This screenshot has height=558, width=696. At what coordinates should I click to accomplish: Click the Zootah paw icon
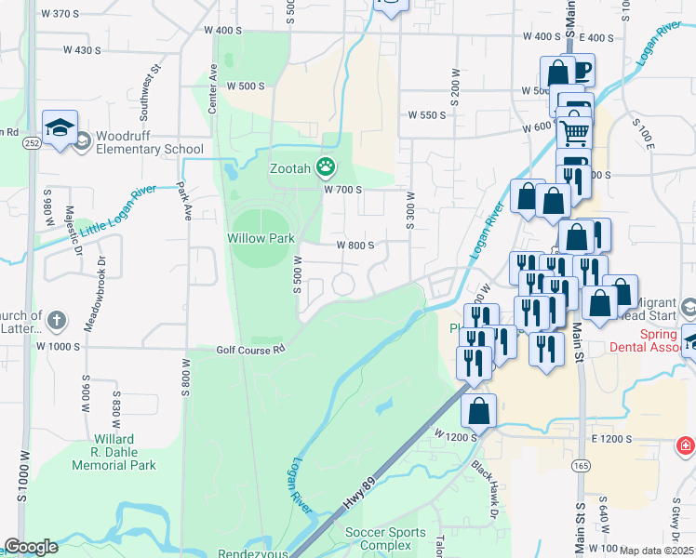326,167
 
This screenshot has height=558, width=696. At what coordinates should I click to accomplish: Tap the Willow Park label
261,238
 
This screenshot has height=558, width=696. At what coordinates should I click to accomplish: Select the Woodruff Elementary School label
149,142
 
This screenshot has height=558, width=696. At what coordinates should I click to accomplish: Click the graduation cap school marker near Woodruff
60,127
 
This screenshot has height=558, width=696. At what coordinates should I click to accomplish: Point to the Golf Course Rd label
249,350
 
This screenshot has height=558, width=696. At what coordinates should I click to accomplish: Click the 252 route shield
33,143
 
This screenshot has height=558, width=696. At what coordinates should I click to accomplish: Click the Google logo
31,547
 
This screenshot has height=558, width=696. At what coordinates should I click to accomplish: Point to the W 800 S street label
355,246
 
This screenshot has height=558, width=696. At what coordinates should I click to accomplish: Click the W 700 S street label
341,189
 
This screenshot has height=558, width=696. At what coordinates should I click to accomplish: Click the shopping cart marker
574,132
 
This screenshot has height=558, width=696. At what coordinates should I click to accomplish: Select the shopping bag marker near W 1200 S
478,410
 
